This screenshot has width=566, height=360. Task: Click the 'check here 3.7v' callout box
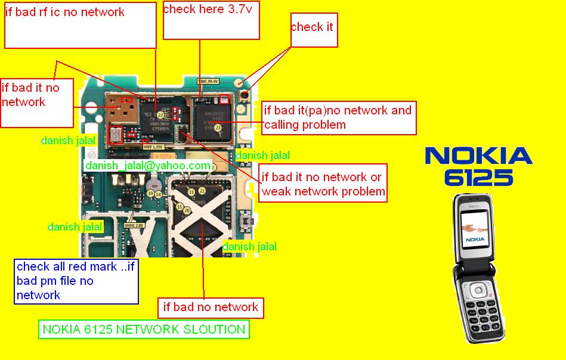click(211, 20)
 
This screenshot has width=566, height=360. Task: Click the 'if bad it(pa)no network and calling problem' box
click(339, 117)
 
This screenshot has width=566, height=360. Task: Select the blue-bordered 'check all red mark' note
click(76, 281)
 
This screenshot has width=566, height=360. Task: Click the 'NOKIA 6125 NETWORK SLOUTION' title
click(144, 330)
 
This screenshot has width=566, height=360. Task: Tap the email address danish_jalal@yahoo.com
click(148, 165)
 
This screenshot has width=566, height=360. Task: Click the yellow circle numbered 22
click(160, 114)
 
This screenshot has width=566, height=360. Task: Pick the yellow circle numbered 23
click(218, 128)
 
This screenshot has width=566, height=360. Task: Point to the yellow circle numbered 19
click(151, 194)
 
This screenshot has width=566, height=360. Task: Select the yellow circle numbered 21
click(202, 191)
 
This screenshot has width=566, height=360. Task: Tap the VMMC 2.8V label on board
click(135, 226)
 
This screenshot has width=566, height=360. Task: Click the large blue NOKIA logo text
click(478, 157)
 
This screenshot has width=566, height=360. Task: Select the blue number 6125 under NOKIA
click(478, 178)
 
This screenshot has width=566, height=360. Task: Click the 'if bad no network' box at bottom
click(211, 308)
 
